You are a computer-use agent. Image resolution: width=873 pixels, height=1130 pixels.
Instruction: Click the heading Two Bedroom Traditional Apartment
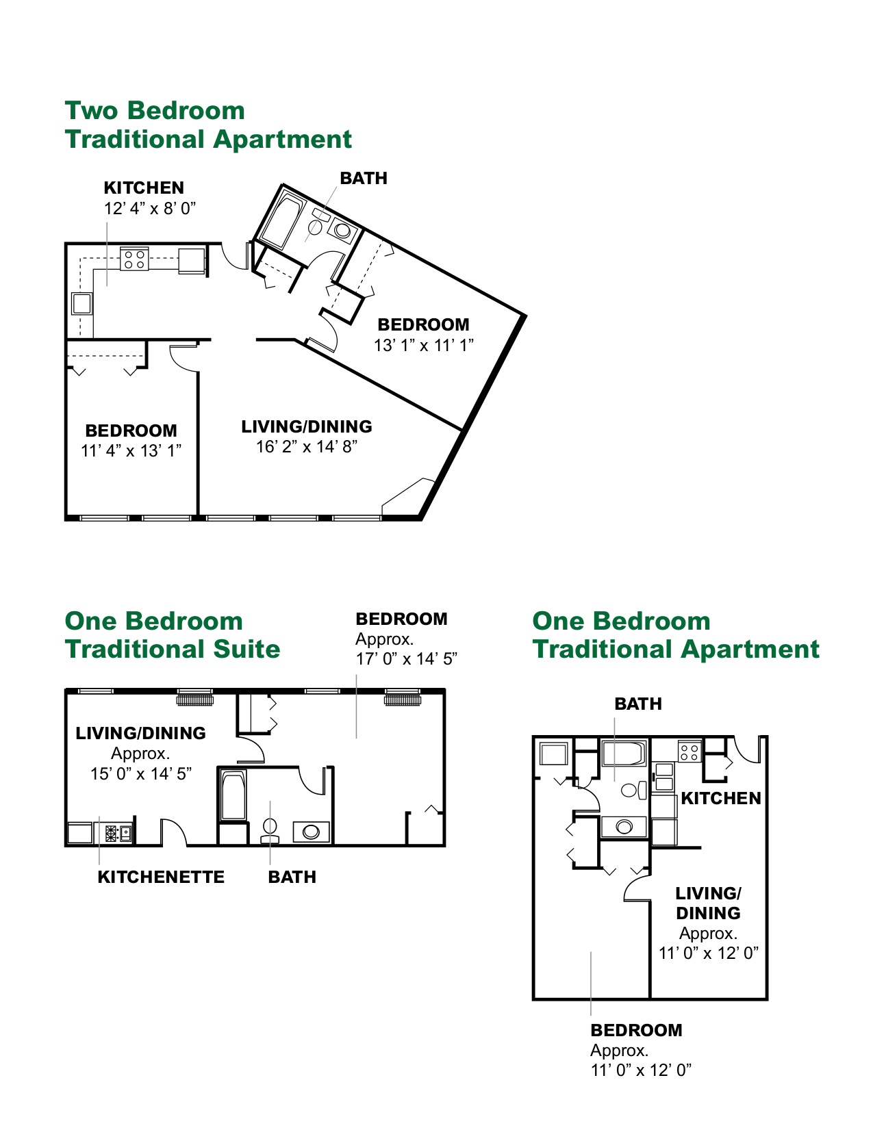[x=208, y=125]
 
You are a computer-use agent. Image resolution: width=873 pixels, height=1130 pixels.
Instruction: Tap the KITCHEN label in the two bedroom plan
[x=144, y=188]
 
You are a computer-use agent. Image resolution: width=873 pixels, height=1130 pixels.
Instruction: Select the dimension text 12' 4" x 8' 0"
[x=150, y=209]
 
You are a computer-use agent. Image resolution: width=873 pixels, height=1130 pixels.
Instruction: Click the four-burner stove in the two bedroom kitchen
[x=134, y=259]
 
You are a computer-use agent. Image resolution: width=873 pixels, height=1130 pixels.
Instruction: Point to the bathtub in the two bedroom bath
[x=281, y=219]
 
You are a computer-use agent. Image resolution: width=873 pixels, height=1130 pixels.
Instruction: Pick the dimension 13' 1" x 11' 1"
[x=424, y=345]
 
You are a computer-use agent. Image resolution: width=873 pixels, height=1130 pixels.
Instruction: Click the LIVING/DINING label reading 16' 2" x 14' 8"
[x=307, y=426]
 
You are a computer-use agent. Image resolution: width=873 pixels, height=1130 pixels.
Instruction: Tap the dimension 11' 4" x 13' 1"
[x=131, y=450]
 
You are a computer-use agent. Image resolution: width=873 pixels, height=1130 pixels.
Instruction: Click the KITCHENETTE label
[x=161, y=877]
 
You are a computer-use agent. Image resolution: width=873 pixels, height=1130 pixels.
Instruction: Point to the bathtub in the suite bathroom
[x=233, y=795]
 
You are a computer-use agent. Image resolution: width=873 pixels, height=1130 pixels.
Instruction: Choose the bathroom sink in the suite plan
[x=311, y=832]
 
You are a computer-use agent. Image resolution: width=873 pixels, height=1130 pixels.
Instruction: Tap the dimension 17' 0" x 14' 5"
[x=407, y=658]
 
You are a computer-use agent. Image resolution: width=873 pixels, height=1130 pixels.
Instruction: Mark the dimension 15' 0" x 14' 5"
[x=141, y=773]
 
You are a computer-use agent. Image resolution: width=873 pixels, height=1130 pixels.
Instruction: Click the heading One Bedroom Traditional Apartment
[x=675, y=634]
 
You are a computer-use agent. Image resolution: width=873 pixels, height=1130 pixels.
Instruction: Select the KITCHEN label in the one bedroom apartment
[x=721, y=798]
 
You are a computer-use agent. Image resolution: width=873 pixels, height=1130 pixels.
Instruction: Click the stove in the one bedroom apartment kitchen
[x=689, y=752]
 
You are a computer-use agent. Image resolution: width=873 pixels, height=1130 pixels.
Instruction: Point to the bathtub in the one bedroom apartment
[x=624, y=754]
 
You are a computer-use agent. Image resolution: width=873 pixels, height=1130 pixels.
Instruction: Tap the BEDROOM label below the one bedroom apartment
[x=636, y=1030]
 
